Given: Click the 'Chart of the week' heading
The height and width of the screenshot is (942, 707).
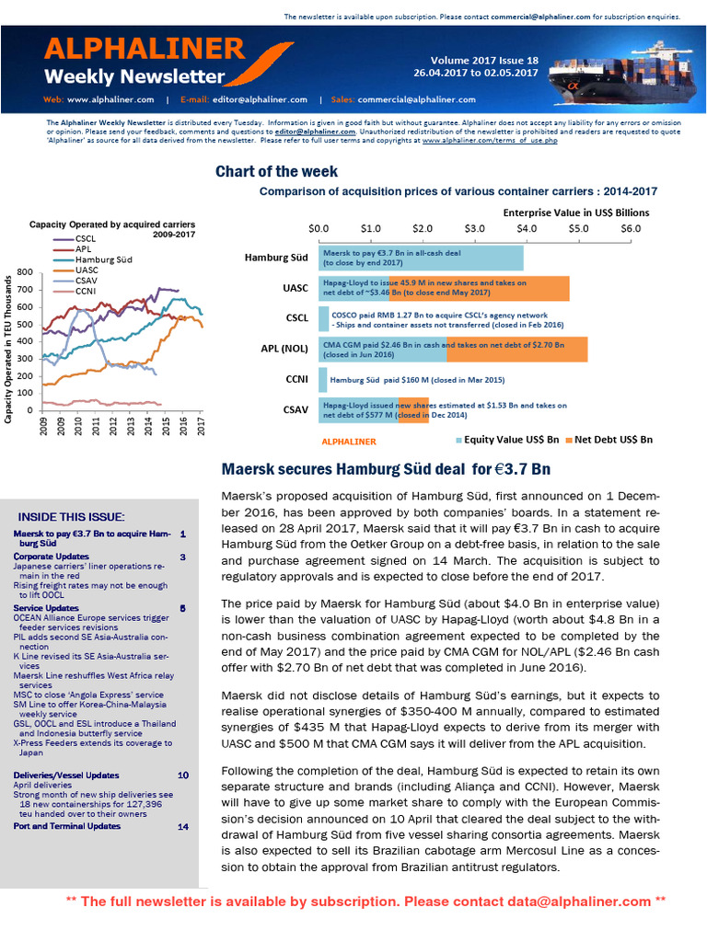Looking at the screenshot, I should pos(276,172).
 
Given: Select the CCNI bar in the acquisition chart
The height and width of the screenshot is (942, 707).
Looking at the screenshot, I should pos(323,379).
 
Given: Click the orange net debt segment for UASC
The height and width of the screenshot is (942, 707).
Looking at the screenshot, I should pos(479,289).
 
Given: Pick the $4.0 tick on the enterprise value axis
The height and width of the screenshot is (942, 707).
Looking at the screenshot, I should pos(527,227).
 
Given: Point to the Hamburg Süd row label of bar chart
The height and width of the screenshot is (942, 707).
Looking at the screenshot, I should pos(275,258).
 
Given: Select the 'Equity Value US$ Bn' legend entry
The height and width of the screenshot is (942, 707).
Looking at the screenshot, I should pos(512,439).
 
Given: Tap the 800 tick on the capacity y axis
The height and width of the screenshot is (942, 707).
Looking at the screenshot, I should pos(25,272).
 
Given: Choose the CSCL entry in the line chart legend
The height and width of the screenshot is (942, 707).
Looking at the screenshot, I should pos(87,238).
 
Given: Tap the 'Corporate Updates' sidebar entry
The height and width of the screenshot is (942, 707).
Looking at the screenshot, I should pos(52,557).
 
